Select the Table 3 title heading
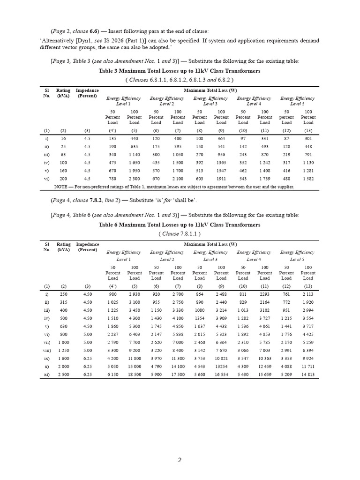tap(180, 71)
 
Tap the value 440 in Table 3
tap(135, 139)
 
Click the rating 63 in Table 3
tap(63, 154)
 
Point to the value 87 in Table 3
tap(286, 139)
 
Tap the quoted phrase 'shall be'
tap(187, 201)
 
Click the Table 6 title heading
tap(180, 225)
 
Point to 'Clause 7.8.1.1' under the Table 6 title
tap(180, 233)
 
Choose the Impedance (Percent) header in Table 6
tap(87, 247)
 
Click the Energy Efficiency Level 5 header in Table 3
tap(297, 101)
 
